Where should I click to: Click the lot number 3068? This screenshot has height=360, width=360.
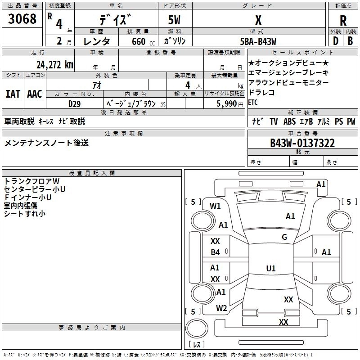22,18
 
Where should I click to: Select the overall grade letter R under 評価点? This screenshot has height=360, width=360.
343,21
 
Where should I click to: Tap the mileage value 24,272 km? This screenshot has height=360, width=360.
55,65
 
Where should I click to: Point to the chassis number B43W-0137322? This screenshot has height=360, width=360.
302,143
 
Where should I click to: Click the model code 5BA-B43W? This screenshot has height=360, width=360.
258,41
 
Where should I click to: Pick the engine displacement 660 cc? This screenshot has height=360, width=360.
143,41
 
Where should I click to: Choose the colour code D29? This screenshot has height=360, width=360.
74,104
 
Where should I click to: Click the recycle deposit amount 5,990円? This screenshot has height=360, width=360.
230,104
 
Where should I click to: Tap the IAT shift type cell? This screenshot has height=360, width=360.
13,94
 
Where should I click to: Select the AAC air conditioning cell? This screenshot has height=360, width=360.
35,94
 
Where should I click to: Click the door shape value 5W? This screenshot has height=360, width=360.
174,20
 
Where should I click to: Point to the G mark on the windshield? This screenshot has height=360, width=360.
284,237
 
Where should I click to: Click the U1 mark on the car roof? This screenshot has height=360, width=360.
271,268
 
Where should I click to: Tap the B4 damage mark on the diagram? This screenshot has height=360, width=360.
216,252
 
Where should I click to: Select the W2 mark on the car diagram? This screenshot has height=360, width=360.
221,308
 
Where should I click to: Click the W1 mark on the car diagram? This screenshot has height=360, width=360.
215,206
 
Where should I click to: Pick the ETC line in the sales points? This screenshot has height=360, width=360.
253,102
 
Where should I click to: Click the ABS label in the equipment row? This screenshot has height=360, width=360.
289,121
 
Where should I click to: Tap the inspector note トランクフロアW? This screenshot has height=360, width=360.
31,181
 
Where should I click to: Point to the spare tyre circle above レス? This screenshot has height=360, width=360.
197,328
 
